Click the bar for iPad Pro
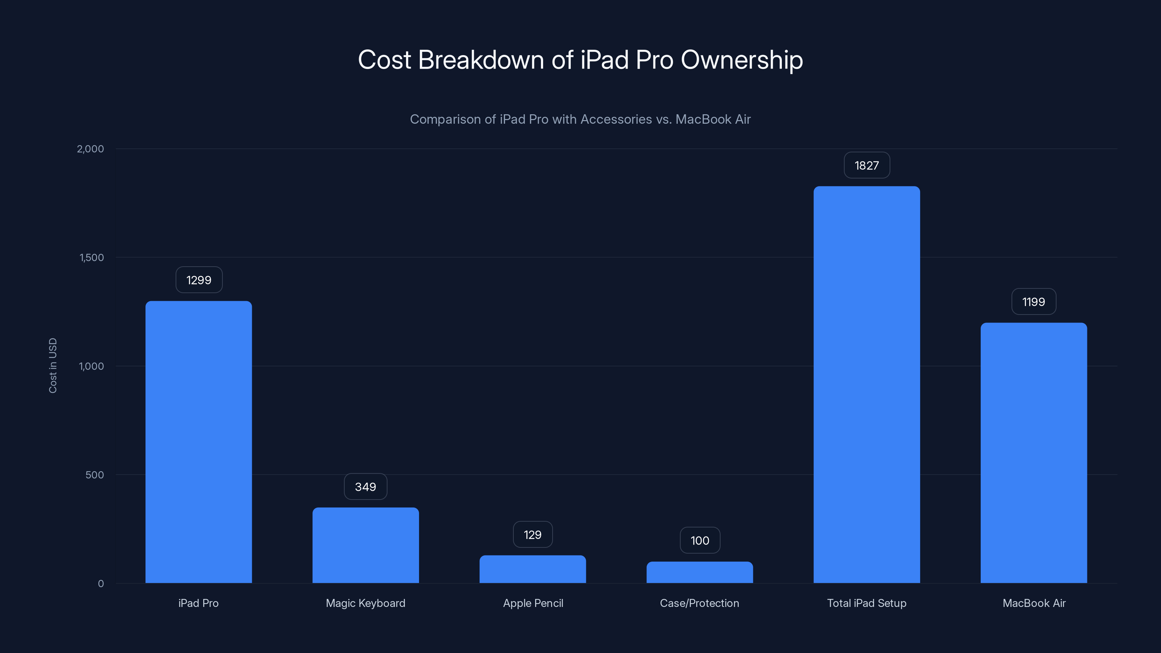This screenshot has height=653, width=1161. coord(198,442)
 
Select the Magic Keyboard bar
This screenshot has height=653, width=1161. coord(365,545)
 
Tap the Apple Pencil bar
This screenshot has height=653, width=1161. coord(532,569)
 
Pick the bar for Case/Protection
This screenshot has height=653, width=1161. coord(700,572)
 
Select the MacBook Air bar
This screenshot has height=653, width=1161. coord(1033,453)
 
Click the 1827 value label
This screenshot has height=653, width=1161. coord(866,165)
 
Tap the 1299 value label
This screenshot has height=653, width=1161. coord(199,280)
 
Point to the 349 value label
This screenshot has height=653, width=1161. coord(365,487)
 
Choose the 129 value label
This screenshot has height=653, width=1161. coord(532,534)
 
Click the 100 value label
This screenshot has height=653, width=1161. coord(700,540)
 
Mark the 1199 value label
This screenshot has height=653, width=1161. coord(1033,301)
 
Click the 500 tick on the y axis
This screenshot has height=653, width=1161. coord(94,475)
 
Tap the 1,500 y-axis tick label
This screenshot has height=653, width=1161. coord(91,257)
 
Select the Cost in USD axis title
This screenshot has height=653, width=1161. coord(53,365)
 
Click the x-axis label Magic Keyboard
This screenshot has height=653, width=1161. coord(365,603)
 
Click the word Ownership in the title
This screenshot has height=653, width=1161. coord(741,60)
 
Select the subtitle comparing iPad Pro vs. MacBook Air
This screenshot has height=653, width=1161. coord(580,119)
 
